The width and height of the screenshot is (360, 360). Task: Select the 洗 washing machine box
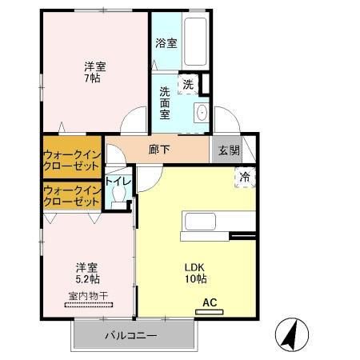coord(188,82)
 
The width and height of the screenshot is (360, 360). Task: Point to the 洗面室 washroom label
coord(164,102)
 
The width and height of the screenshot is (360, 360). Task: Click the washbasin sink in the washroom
coord(201,111)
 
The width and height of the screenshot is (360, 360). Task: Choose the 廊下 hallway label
coord(158,149)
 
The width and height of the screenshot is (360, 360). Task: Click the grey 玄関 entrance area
coord(224,149)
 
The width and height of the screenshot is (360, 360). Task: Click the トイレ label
coord(118,182)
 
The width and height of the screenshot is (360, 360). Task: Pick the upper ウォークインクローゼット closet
coord(72,158)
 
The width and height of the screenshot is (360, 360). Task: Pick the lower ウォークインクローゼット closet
coord(72,195)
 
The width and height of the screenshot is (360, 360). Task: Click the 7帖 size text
coord(95,80)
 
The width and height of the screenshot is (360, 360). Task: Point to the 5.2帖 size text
coord(88,280)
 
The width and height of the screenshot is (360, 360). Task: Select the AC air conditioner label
coord(209,302)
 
